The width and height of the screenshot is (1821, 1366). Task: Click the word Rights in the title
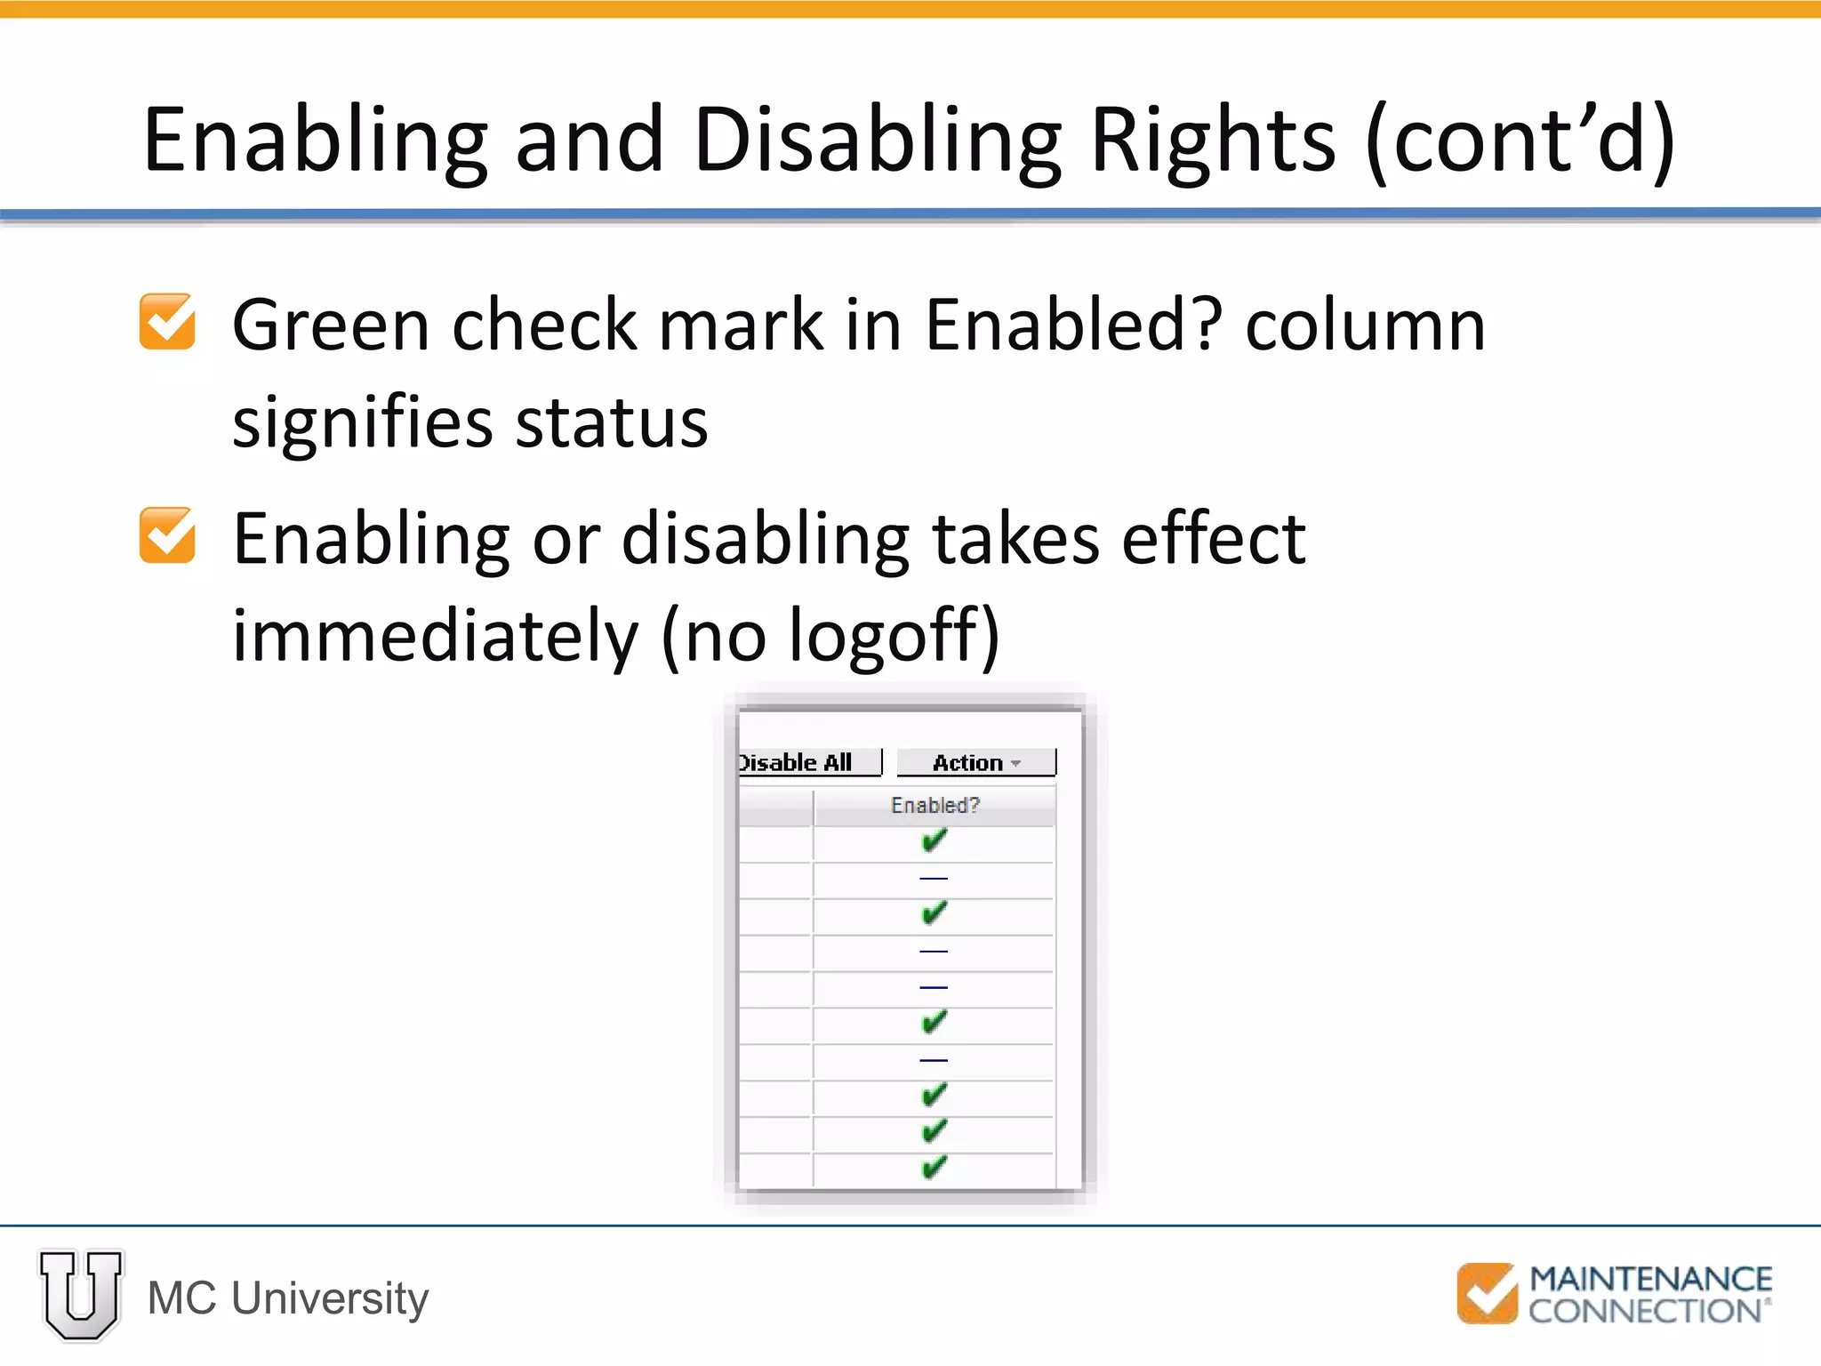1211,140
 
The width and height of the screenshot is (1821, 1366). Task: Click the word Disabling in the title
877,140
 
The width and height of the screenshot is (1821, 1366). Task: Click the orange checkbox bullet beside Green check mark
167,322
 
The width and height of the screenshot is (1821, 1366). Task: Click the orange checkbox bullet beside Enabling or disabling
167,535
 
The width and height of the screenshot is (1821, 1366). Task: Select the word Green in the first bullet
331,325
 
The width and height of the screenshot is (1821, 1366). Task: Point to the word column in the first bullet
1365,325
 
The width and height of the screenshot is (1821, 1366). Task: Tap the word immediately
435,635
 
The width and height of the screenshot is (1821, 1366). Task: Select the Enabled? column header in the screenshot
935,806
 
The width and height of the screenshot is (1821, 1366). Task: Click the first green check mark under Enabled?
934,840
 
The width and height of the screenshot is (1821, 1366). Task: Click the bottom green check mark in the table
934,1167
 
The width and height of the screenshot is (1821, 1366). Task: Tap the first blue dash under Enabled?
934,879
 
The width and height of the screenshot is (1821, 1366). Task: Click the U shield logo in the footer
81,1294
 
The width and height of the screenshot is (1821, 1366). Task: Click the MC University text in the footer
288,1298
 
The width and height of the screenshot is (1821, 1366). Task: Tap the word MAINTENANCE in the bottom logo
1650,1279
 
